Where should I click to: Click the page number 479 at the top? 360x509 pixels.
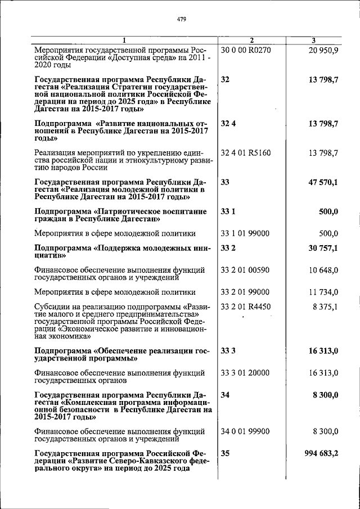(181, 19)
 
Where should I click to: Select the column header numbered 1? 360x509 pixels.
(125, 40)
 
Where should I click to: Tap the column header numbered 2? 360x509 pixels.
(251, 40)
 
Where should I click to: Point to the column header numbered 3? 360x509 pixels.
(314, 40)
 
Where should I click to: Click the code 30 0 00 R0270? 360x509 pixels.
(246, 50)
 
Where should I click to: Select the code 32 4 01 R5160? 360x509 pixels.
(246, 152)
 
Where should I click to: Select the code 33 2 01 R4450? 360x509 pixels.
(246, 307)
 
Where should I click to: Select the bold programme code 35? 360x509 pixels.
(226, 453)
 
